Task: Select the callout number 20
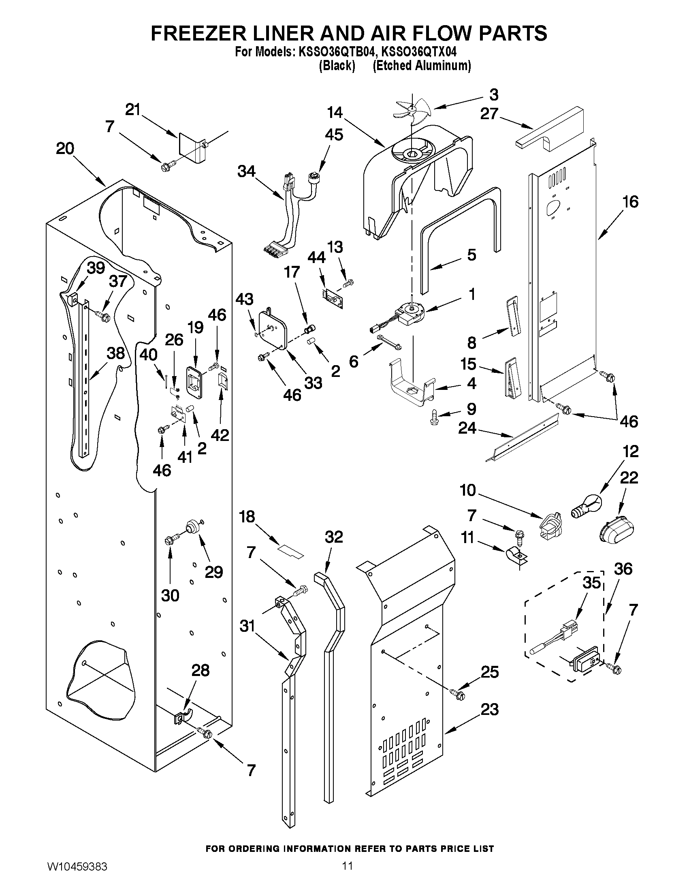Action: (65, 148)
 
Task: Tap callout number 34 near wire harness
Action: (246, 171)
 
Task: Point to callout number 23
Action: (489, 710)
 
